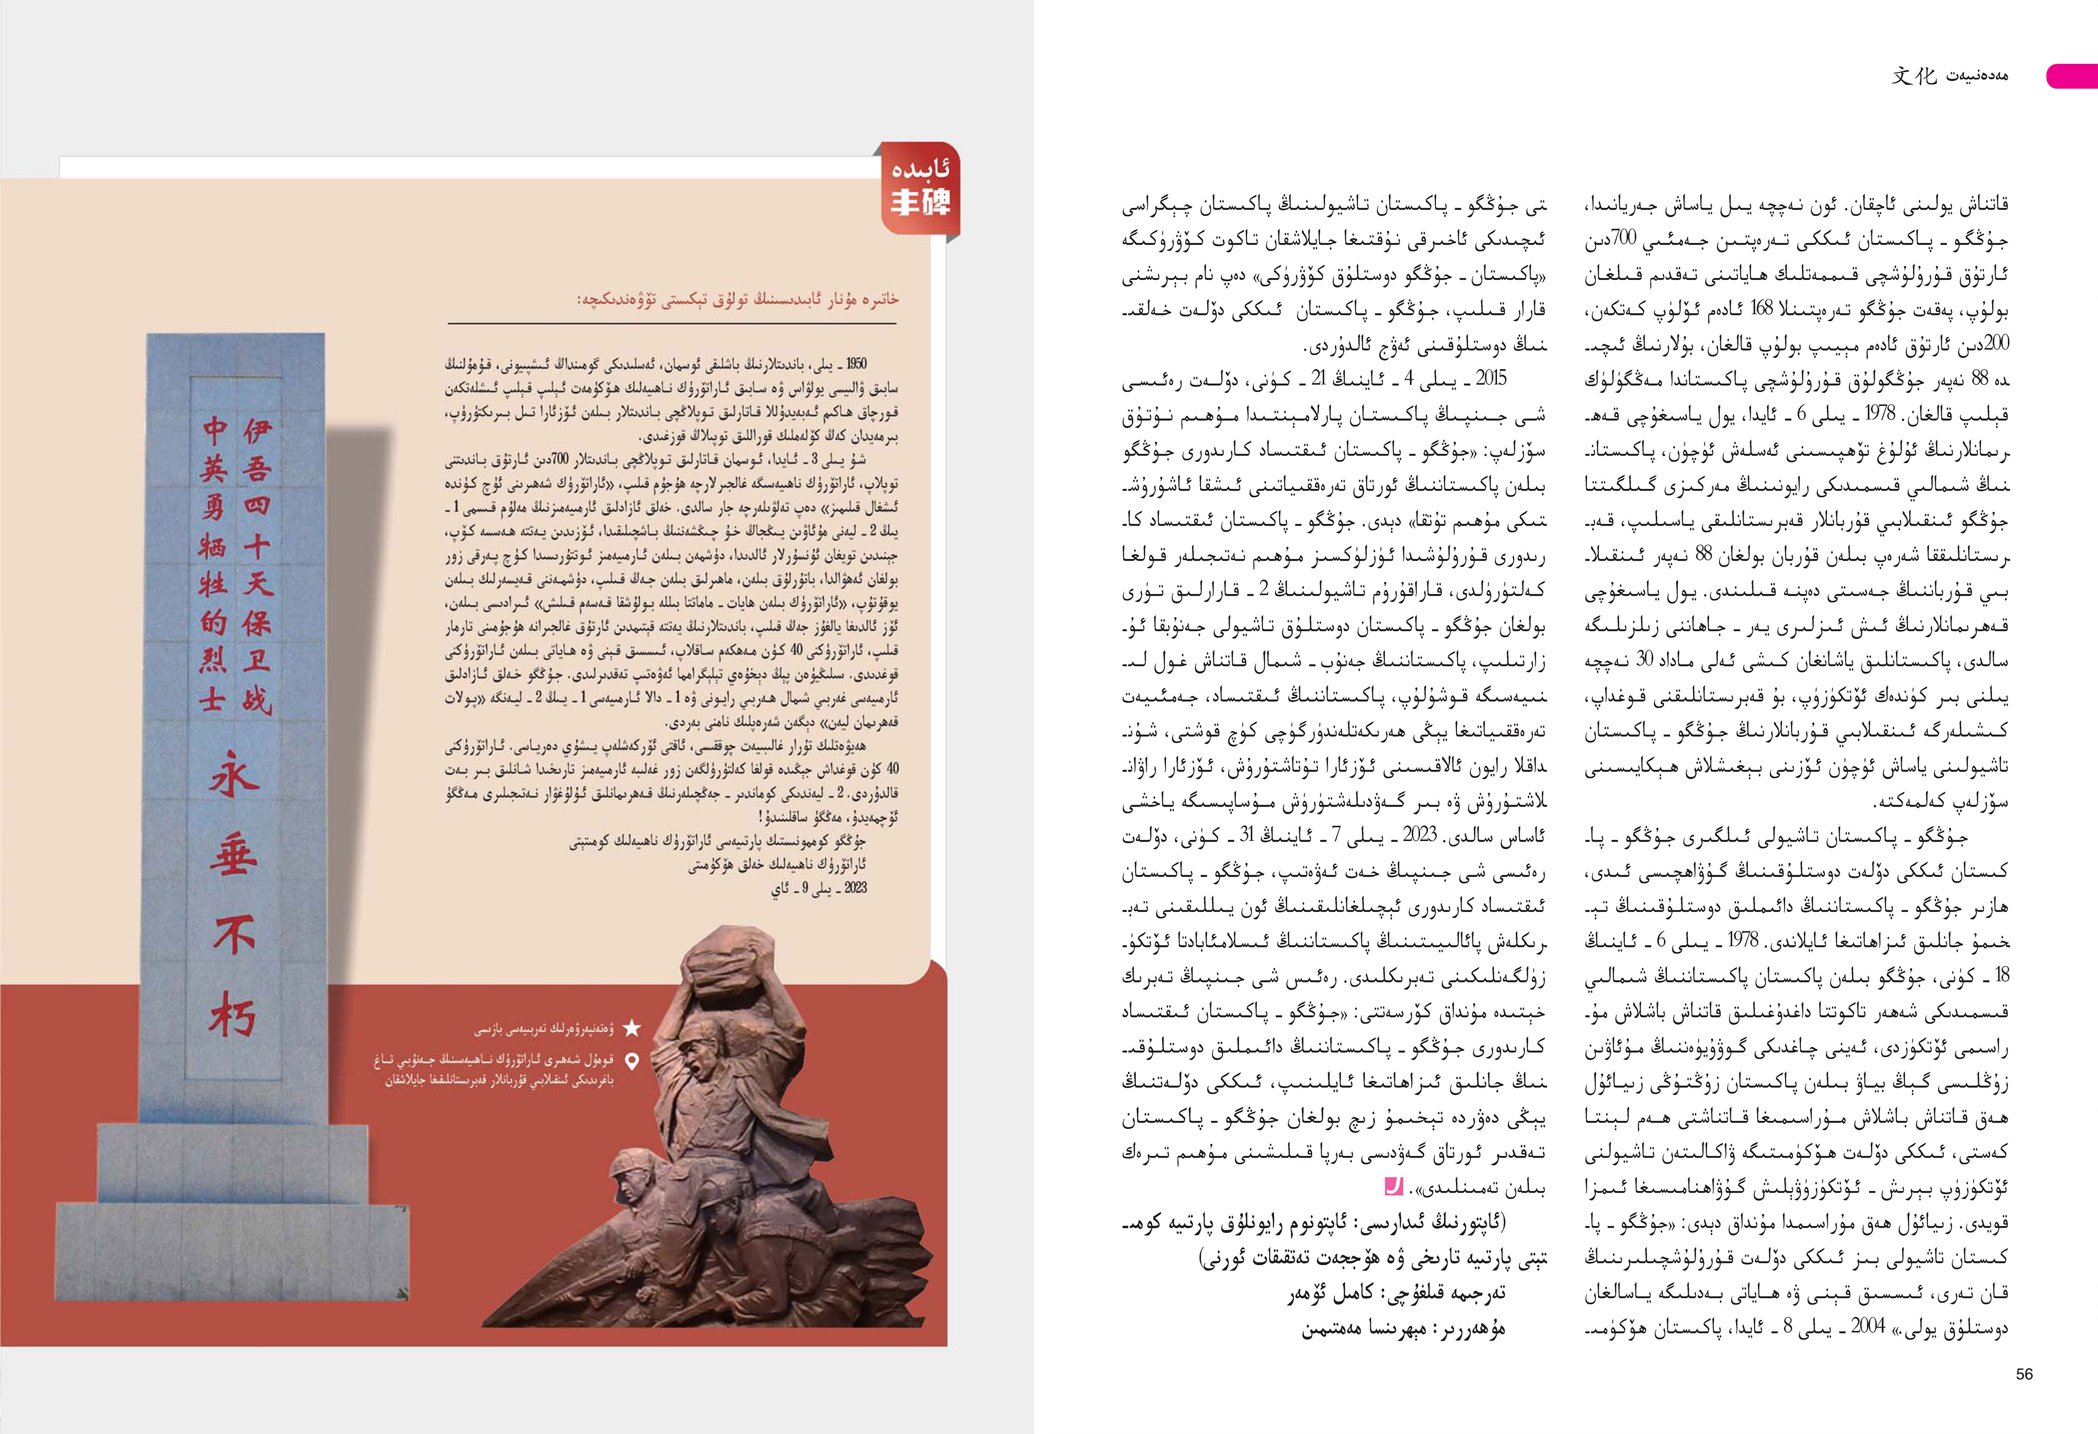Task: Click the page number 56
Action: point(2024,1373)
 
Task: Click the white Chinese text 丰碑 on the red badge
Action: point(920,202)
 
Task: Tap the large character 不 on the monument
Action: point(234,935)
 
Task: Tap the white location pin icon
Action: point(632,1062)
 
